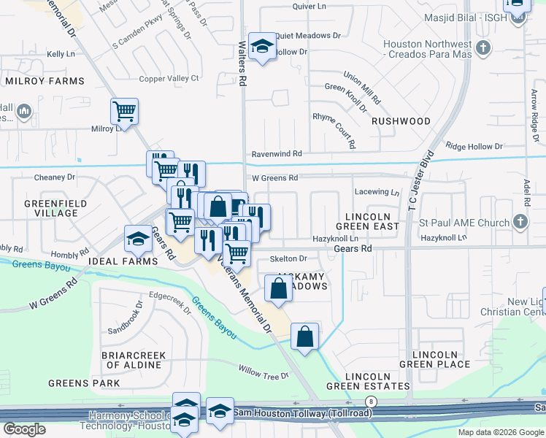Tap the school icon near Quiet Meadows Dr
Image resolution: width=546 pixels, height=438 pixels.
coord(260,47)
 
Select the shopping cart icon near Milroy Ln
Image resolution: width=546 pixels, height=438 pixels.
coord(124,112)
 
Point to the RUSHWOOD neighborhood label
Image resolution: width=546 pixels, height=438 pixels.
coord(401,121)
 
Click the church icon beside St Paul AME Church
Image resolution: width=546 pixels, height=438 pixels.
coord(520,221)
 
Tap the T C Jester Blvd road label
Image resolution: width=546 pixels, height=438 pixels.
coord(421,182)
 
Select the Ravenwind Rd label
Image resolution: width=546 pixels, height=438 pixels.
coord(277,154)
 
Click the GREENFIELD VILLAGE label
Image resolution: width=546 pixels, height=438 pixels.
coord(55,208)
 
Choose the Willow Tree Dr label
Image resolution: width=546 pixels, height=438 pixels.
coord(264,376)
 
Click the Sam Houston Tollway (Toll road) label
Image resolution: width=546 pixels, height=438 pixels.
coord(302,413)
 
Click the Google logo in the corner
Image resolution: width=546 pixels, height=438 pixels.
coord(24,429)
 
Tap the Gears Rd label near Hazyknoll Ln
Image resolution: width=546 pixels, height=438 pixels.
coord(353,249)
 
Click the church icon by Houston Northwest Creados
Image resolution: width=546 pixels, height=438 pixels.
coord(482,49)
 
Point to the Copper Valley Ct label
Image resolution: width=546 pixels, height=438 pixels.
coord(169,78)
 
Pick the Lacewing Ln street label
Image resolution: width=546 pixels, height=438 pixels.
coord(377,193)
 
